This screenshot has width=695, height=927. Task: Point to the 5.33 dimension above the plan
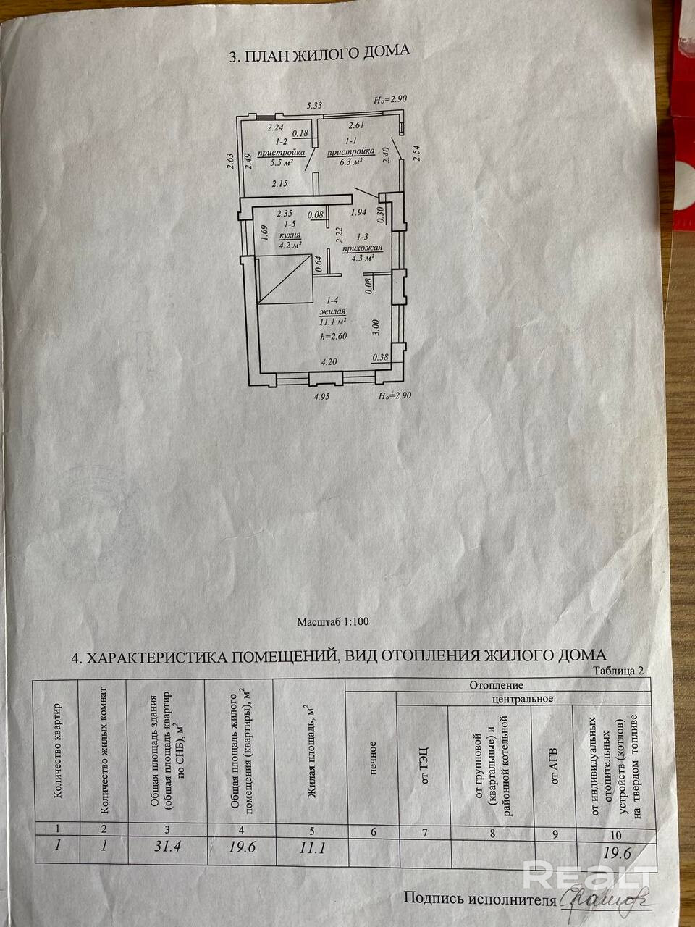[x=314, y=106]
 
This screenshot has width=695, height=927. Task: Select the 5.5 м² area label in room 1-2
[x=279, y=162]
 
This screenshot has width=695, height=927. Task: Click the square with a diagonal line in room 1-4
[x=284, y=281]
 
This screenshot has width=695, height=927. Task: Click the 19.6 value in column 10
[x=617, y=853]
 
